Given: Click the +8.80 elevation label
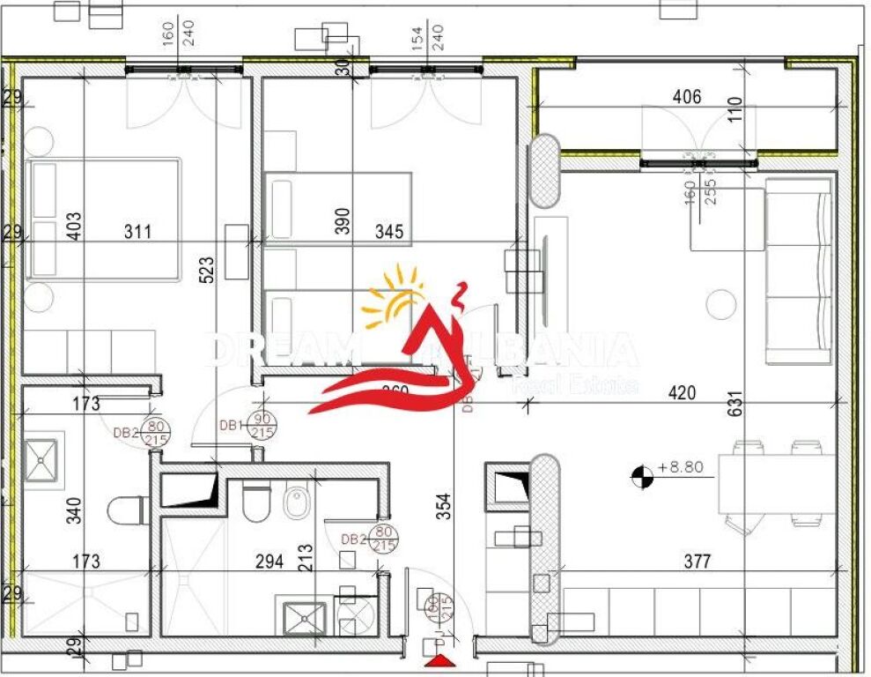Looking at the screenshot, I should (x=682, y=468).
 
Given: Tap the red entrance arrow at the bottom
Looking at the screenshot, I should (x=439, y=662).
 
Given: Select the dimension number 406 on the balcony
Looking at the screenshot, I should (x=686, y=97).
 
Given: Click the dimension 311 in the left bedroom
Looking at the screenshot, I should (x=137, y=233).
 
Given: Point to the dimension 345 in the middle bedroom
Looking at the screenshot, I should (x=389, y=233).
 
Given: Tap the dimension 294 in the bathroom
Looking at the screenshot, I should (x=269, y=561).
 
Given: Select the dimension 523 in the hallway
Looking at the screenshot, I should (x=205, y=274).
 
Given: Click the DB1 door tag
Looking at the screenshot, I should (x=230, y=426).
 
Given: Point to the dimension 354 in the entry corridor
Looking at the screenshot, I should (x=444, y=509).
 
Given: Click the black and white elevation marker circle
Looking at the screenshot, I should (x=642, y=477).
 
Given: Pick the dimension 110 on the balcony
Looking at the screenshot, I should (x=736, y=108).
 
